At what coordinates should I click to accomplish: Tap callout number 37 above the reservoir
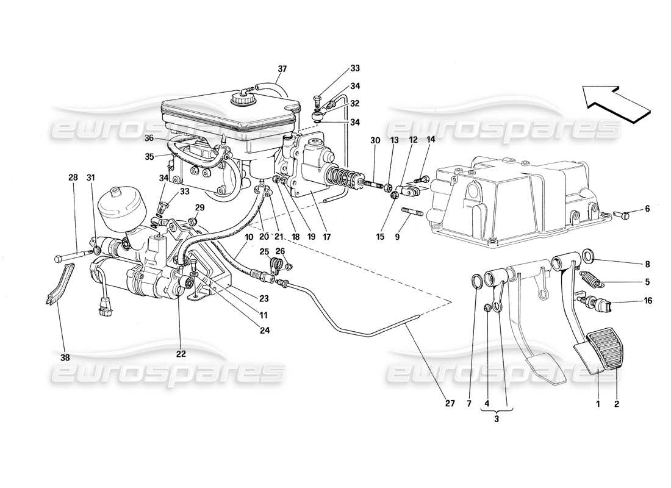pos(281,68)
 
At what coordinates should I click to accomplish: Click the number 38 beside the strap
pos(65,357)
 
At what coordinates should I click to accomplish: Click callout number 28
pos(73,178)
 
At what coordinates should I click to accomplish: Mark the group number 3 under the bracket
pos(497,419)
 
